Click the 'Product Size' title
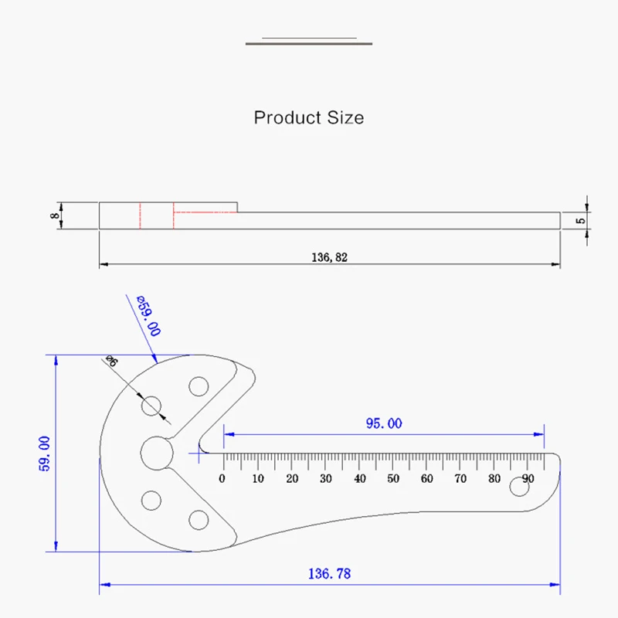pos(308,117)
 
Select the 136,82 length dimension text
pos(330,257)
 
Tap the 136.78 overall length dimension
pos(329,573)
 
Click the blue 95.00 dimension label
pos(384,423)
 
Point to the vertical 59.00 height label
pos(45,453)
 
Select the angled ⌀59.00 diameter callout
pos(148,316)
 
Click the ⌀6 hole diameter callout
pos(111,361)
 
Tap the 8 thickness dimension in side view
pos(55,216)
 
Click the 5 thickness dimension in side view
pos(581,221)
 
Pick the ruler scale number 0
pos(222,478)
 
